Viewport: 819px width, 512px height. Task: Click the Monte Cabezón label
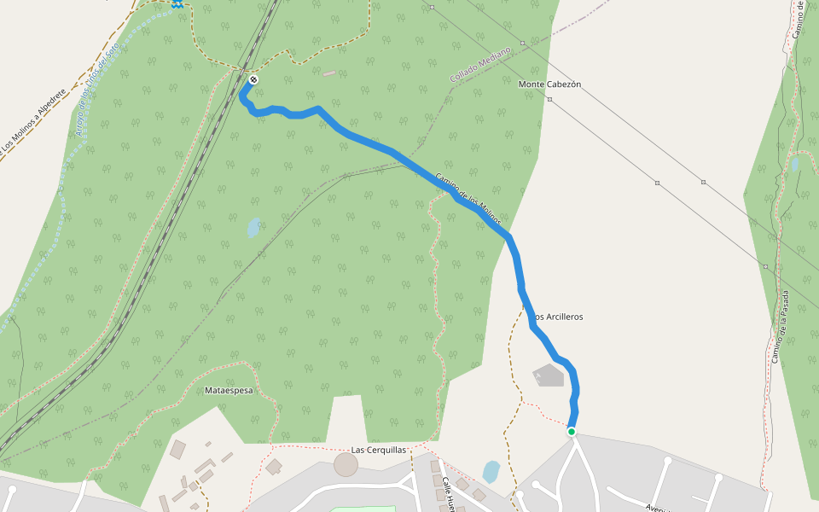[x=549, y=84]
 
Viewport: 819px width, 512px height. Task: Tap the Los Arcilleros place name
[x=556, y=317]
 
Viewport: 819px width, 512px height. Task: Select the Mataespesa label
[x=229, y=390]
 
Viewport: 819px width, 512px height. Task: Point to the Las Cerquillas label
[x=379, y=450]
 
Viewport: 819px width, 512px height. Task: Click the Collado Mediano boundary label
[x=479, y=64]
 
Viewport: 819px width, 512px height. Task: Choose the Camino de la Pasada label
[x=781, y=327]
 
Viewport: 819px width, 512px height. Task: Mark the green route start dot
[x=571, y=432]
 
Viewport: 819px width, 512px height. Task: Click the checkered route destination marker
[x=253, y=80]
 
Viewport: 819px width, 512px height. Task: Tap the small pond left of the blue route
[x=253, y=228]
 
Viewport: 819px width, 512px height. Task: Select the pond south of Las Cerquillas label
[x=491, y=472]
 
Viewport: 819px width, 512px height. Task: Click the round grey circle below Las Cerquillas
[x=346, y=465]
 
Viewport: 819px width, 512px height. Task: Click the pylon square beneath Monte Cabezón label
[x=549, y=99]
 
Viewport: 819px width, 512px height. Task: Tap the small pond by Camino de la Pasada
[x=795, y=164]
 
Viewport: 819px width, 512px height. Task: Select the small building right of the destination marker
[x=329, y=73]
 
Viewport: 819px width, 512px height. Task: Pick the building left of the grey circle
[x=274, y=467]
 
